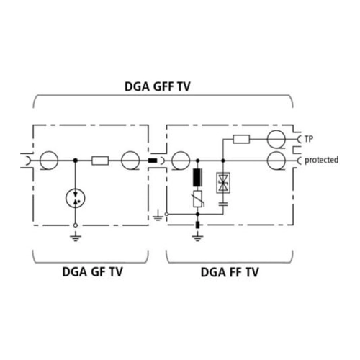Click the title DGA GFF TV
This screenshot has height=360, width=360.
point(158,86)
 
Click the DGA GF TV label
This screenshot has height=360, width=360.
point(92,272)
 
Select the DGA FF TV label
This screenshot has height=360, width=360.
point(230,272)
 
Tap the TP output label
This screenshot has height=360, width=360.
point(309,139)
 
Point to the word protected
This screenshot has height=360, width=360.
point(322,160)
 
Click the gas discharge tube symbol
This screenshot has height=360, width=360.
point(76,198)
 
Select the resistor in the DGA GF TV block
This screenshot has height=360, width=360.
point(100,161)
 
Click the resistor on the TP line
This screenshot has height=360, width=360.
point(241,139)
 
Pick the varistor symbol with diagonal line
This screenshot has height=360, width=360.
point(198,199)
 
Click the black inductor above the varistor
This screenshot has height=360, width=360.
point(197,178)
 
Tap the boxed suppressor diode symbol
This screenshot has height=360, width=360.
point(223,183)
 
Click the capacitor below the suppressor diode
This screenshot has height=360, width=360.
point(223,204)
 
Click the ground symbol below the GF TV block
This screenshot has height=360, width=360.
point(76,236)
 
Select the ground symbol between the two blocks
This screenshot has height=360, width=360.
point(158,216)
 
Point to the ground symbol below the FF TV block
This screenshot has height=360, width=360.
point(197,237)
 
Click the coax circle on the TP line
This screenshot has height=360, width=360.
point(276,140)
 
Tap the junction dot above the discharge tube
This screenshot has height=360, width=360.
point(76,161)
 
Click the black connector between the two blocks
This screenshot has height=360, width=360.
point(153,161)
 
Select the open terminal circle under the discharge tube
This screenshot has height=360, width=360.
point(76,225)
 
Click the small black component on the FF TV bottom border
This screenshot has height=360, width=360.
point(198,225)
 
